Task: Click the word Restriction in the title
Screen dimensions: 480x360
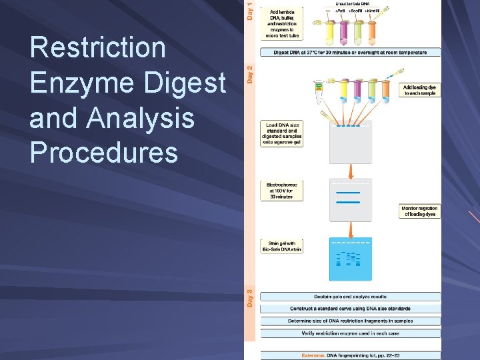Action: coord(98,48)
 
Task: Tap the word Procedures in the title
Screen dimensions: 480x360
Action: coord(104,153)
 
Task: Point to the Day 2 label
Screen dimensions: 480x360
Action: coord(250,73)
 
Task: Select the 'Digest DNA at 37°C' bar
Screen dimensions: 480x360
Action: coord(350,51)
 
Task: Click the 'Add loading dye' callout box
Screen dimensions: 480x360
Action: coord(420,90)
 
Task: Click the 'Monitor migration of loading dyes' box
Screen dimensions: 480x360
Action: coord(420,211)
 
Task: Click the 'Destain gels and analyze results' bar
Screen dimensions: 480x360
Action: coord(350,297)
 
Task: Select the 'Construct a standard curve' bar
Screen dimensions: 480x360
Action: coord(350,309)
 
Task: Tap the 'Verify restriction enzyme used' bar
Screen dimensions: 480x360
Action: coord(350,333)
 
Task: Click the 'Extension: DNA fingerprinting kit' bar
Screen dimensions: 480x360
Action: coord(350,355)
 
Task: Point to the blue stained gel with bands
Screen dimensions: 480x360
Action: coord(351,259)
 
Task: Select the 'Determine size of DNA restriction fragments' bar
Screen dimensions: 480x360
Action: coord(350,321)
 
